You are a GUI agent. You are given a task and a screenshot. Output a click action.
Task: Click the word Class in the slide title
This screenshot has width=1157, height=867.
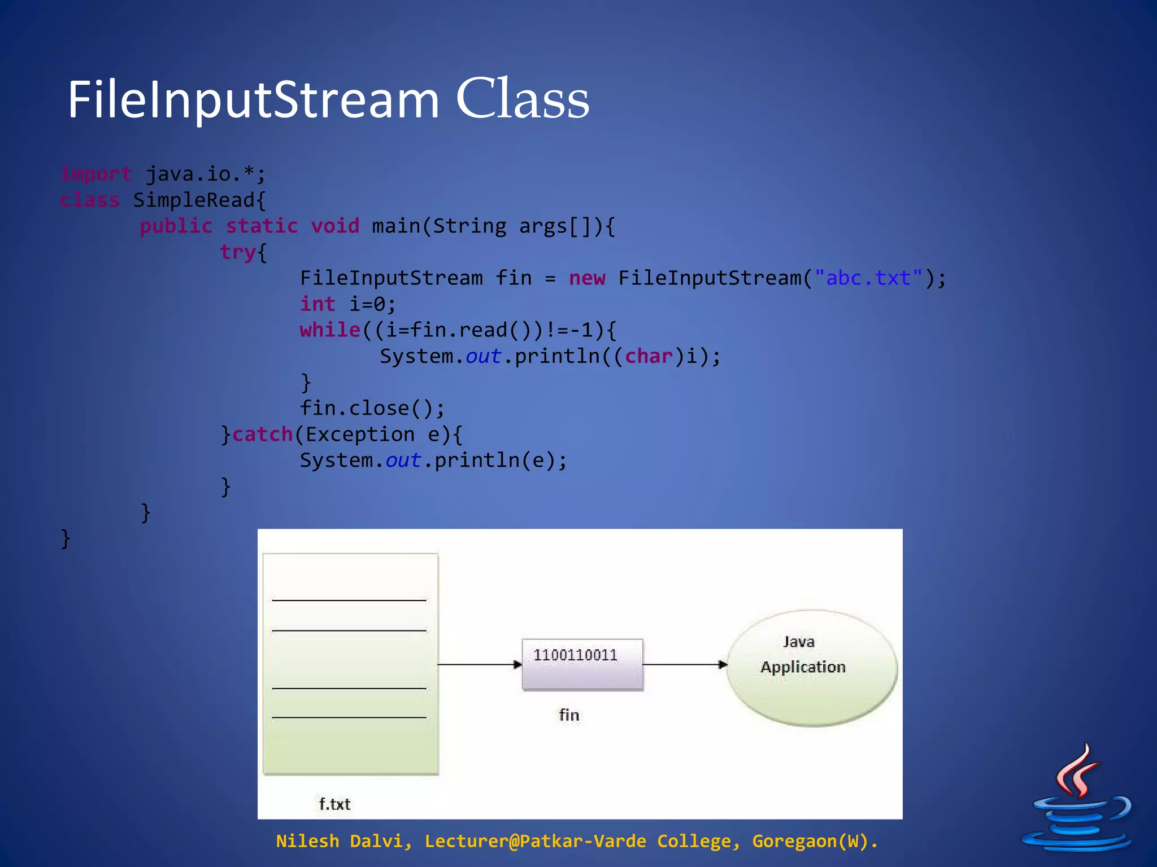[x=523, y=99]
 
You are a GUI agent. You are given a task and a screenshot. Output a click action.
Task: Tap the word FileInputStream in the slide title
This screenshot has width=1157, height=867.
[x=253, y=100]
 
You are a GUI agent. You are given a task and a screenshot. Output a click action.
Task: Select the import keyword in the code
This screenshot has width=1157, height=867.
[x=96, y=174]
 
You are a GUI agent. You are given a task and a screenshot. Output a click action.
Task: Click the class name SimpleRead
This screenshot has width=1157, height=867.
[x=194, y=200]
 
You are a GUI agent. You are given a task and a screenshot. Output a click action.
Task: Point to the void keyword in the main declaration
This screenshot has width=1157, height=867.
[x=335, y=226]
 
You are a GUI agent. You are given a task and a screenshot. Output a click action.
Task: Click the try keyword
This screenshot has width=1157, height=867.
[x=238, y=252]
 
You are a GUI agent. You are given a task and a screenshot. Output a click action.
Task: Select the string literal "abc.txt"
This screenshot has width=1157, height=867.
[x=868, y=278]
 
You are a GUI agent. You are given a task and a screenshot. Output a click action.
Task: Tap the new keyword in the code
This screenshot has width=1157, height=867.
[x=587, y=278]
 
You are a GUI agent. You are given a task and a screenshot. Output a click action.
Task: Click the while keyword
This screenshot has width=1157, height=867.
[x=330, y=330]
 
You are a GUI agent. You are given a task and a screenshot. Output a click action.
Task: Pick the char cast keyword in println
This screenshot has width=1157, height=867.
[x=649, y=356]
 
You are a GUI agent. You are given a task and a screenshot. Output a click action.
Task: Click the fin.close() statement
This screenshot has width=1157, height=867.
[x=372, y=408]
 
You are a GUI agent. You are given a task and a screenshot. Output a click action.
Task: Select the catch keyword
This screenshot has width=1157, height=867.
[x=262, y=434]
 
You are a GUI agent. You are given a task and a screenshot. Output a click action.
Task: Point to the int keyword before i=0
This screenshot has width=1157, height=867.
[x=317, y=304]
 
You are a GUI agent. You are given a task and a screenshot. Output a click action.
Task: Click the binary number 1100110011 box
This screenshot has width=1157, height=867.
[x=582, y=664]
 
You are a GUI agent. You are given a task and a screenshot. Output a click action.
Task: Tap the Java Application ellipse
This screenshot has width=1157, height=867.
[x=811, y=667]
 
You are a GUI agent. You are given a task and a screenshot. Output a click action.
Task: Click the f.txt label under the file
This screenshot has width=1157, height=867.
[x=334, y=804]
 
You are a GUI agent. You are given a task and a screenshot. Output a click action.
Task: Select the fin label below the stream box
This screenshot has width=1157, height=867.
[x=569, y=715]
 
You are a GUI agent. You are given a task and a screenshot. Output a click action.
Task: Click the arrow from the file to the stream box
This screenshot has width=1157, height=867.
[x=480, y=664]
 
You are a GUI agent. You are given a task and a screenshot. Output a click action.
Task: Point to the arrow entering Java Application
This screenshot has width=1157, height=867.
[x=685, y=664]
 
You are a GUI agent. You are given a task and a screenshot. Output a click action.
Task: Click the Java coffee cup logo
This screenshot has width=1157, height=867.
[x=1076, y=799]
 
